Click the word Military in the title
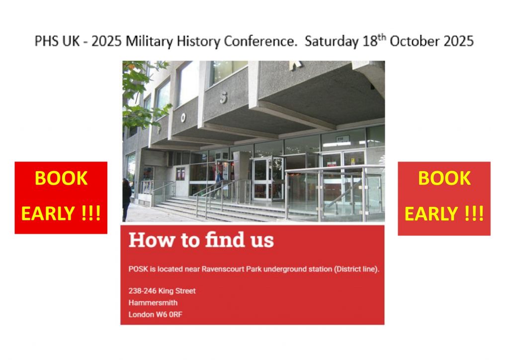(149, 42)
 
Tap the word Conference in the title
(260, 41)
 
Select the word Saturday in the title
(332, 42)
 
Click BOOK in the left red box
(61, 178)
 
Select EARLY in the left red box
(48, 213)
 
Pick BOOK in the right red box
(444, 178)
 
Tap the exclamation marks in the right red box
(474, 213)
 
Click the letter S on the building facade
(223, 98)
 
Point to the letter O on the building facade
(183, 117)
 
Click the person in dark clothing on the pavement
(127, 199)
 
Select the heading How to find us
(201, 240)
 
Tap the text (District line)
(357, 269)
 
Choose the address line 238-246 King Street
(162, 291)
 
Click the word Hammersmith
(153, 303)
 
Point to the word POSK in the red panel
(138, 269)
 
